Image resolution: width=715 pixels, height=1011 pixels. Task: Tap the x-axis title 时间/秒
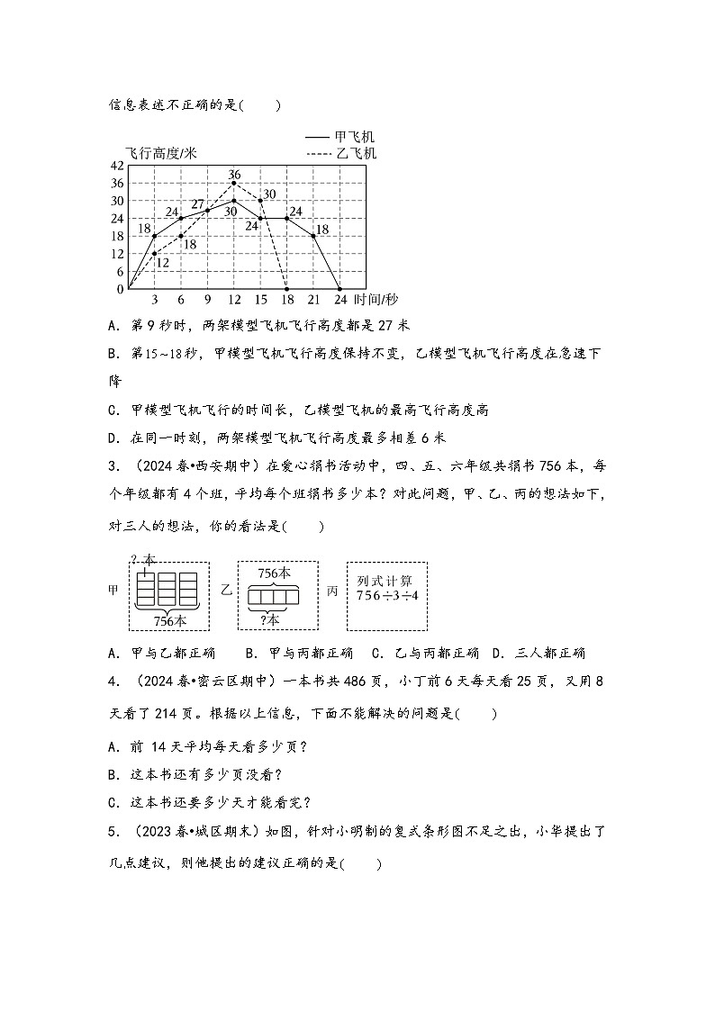tap(376, 300)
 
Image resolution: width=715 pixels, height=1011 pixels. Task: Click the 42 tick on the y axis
tap(115, 166)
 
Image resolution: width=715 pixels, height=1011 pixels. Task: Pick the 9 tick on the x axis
tap(207, 300)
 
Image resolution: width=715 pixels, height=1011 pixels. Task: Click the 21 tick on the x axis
tap(313, 300)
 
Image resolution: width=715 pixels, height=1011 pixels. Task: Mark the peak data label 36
tap(234, 174)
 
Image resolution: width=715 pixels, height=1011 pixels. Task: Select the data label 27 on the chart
tap(197, 203)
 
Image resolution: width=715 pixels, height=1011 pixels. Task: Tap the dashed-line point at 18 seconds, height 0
tap(286, 289)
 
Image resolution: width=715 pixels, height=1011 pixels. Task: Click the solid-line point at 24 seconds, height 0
tap(339, 289)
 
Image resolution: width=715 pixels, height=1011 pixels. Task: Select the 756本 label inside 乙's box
tap(274, 573)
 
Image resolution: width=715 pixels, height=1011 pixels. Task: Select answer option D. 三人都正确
tap(539, 653)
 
